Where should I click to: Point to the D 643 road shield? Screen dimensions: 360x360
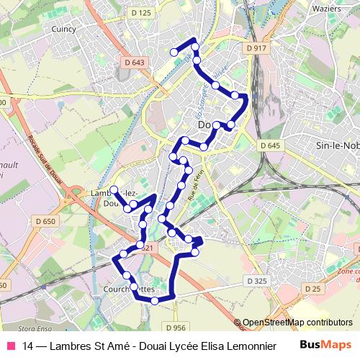[x=135, y=63]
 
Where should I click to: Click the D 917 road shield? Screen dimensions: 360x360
[x=256, y=48]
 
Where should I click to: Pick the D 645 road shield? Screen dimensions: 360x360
[x=270, y=145]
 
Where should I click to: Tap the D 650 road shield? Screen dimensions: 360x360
[x=45, y=221]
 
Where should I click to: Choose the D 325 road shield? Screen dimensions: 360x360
[x=256, y=280]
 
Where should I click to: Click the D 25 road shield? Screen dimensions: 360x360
[x=312, y=289]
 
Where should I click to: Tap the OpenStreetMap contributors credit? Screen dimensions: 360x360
[x=297, y=323]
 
